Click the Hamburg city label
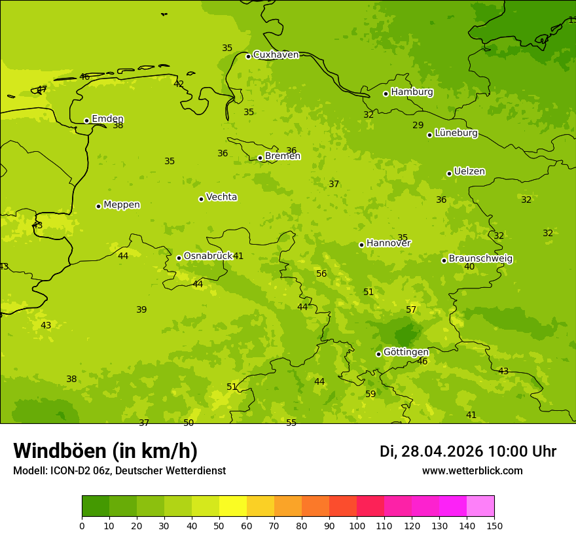click(x=412, y=92)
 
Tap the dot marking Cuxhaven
click(x=248, y=56)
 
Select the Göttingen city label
click(x=406, y=352)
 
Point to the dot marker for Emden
click(x=86, y=120)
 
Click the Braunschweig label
click(x=480, y=258)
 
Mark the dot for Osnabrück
click(x=179, y=258)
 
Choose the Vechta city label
click(x=221, y=197)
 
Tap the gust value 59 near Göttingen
click(x=370, y=394)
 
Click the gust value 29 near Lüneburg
click(x=418, y=125)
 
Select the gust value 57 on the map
click(x=411, y=309)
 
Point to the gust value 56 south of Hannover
click(x=321, y=273)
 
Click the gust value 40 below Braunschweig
click(x=469, y=266)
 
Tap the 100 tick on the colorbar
click(x=357, y=525)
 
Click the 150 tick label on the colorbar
click(x=494, y=525)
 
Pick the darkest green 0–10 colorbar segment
click(x=96, y=506)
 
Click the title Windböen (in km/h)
click(x=105, y=451)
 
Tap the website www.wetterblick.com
click(x=472, y=470)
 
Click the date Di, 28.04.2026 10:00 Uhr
click(x=468, y=451)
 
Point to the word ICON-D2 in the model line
click(x=69, y=470)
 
